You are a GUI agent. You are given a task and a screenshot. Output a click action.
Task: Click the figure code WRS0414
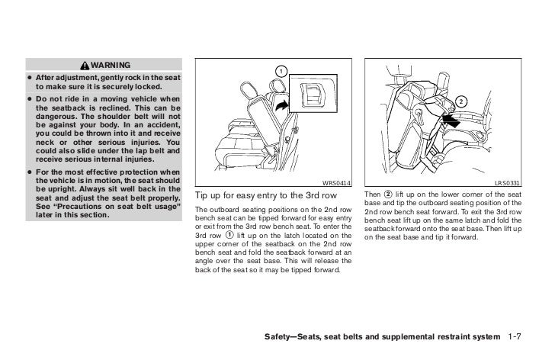click(338, 182)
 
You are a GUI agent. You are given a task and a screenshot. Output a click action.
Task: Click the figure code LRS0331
click(508, 182)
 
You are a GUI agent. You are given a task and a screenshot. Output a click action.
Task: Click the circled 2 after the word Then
click(389, 193)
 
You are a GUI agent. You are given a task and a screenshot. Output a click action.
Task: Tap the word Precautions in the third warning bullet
click(88, 206)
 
